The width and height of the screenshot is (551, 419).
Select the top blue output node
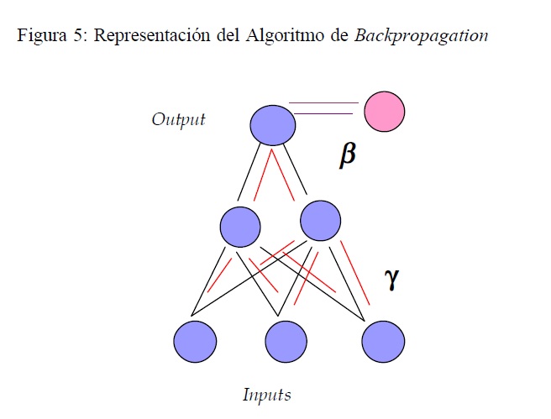point(273,125)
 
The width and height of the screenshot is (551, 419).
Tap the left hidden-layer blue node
point(239,225)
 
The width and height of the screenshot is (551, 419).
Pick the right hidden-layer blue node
point(320,220)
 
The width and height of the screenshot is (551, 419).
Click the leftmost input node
point(195,342)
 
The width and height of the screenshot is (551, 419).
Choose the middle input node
point(286,342)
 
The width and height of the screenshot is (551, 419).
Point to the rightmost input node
point(384,342)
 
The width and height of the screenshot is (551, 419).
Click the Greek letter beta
point(347,155)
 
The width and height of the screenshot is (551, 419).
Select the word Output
point(178,119)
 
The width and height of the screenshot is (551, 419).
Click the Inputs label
point(266,395)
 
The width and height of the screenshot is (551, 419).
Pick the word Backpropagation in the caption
point(422,37)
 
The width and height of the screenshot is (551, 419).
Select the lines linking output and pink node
point(323,108)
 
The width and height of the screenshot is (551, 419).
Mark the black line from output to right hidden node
point(295,170)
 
